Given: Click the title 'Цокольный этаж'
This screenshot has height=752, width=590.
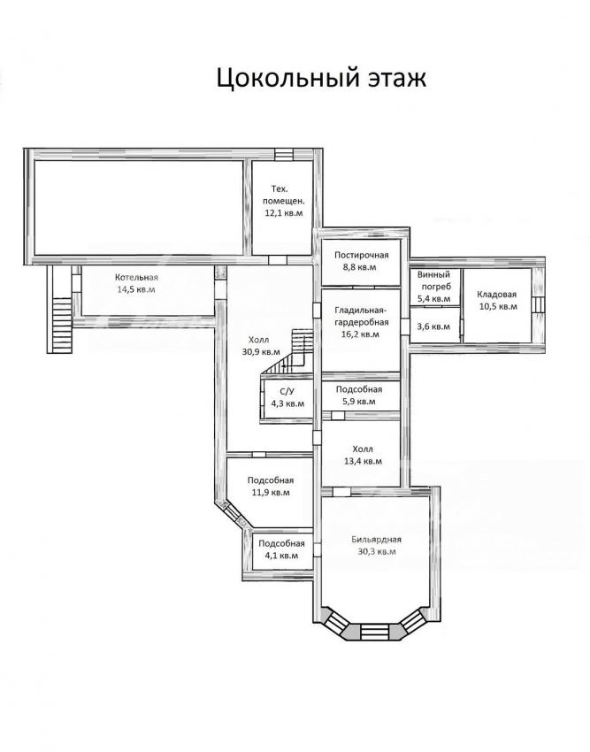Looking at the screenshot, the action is (x=321, y=78).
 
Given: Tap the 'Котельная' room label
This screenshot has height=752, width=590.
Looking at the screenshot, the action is (x=136, y=277).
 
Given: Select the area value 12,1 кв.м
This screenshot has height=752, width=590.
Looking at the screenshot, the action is (x=284, y=213).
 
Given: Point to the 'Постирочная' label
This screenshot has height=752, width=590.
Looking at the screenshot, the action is (x=362, y=255).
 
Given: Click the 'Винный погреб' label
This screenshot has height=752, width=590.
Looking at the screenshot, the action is (x=434, y=280).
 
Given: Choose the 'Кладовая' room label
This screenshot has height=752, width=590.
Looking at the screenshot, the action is (x=497, y=295).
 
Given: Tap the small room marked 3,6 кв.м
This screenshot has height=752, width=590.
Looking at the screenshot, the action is (x=434, y=326).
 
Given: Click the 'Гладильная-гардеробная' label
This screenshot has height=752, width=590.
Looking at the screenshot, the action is (x=361, y=316).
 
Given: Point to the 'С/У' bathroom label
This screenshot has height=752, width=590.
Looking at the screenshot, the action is (x=287, y=392).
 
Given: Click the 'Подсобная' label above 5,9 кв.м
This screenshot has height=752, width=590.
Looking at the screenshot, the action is (x=359, y=389).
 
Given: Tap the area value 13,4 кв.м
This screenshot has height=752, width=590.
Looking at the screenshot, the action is (x=363, y=461).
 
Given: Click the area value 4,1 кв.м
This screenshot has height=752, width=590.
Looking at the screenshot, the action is (x=281, y=556).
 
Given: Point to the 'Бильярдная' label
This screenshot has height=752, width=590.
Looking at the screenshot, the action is (x=376, y=540).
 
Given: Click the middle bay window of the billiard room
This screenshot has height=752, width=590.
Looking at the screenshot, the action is (x=376, y=632).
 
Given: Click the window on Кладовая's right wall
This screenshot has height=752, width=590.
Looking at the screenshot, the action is (x=540, y=304).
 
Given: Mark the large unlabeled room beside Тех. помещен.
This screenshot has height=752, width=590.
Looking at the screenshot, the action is (x=139, y=208).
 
